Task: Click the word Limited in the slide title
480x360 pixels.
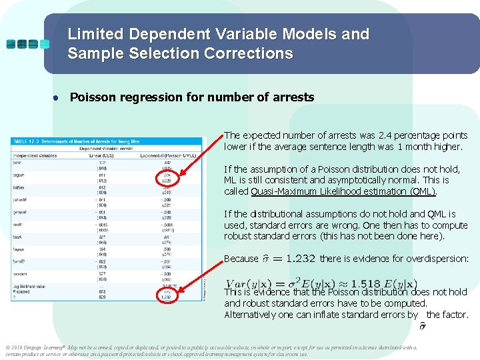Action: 95,34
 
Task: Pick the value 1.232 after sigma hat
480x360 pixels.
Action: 295,259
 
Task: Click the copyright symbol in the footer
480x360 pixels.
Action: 6,347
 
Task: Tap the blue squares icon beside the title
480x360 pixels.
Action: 27,44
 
